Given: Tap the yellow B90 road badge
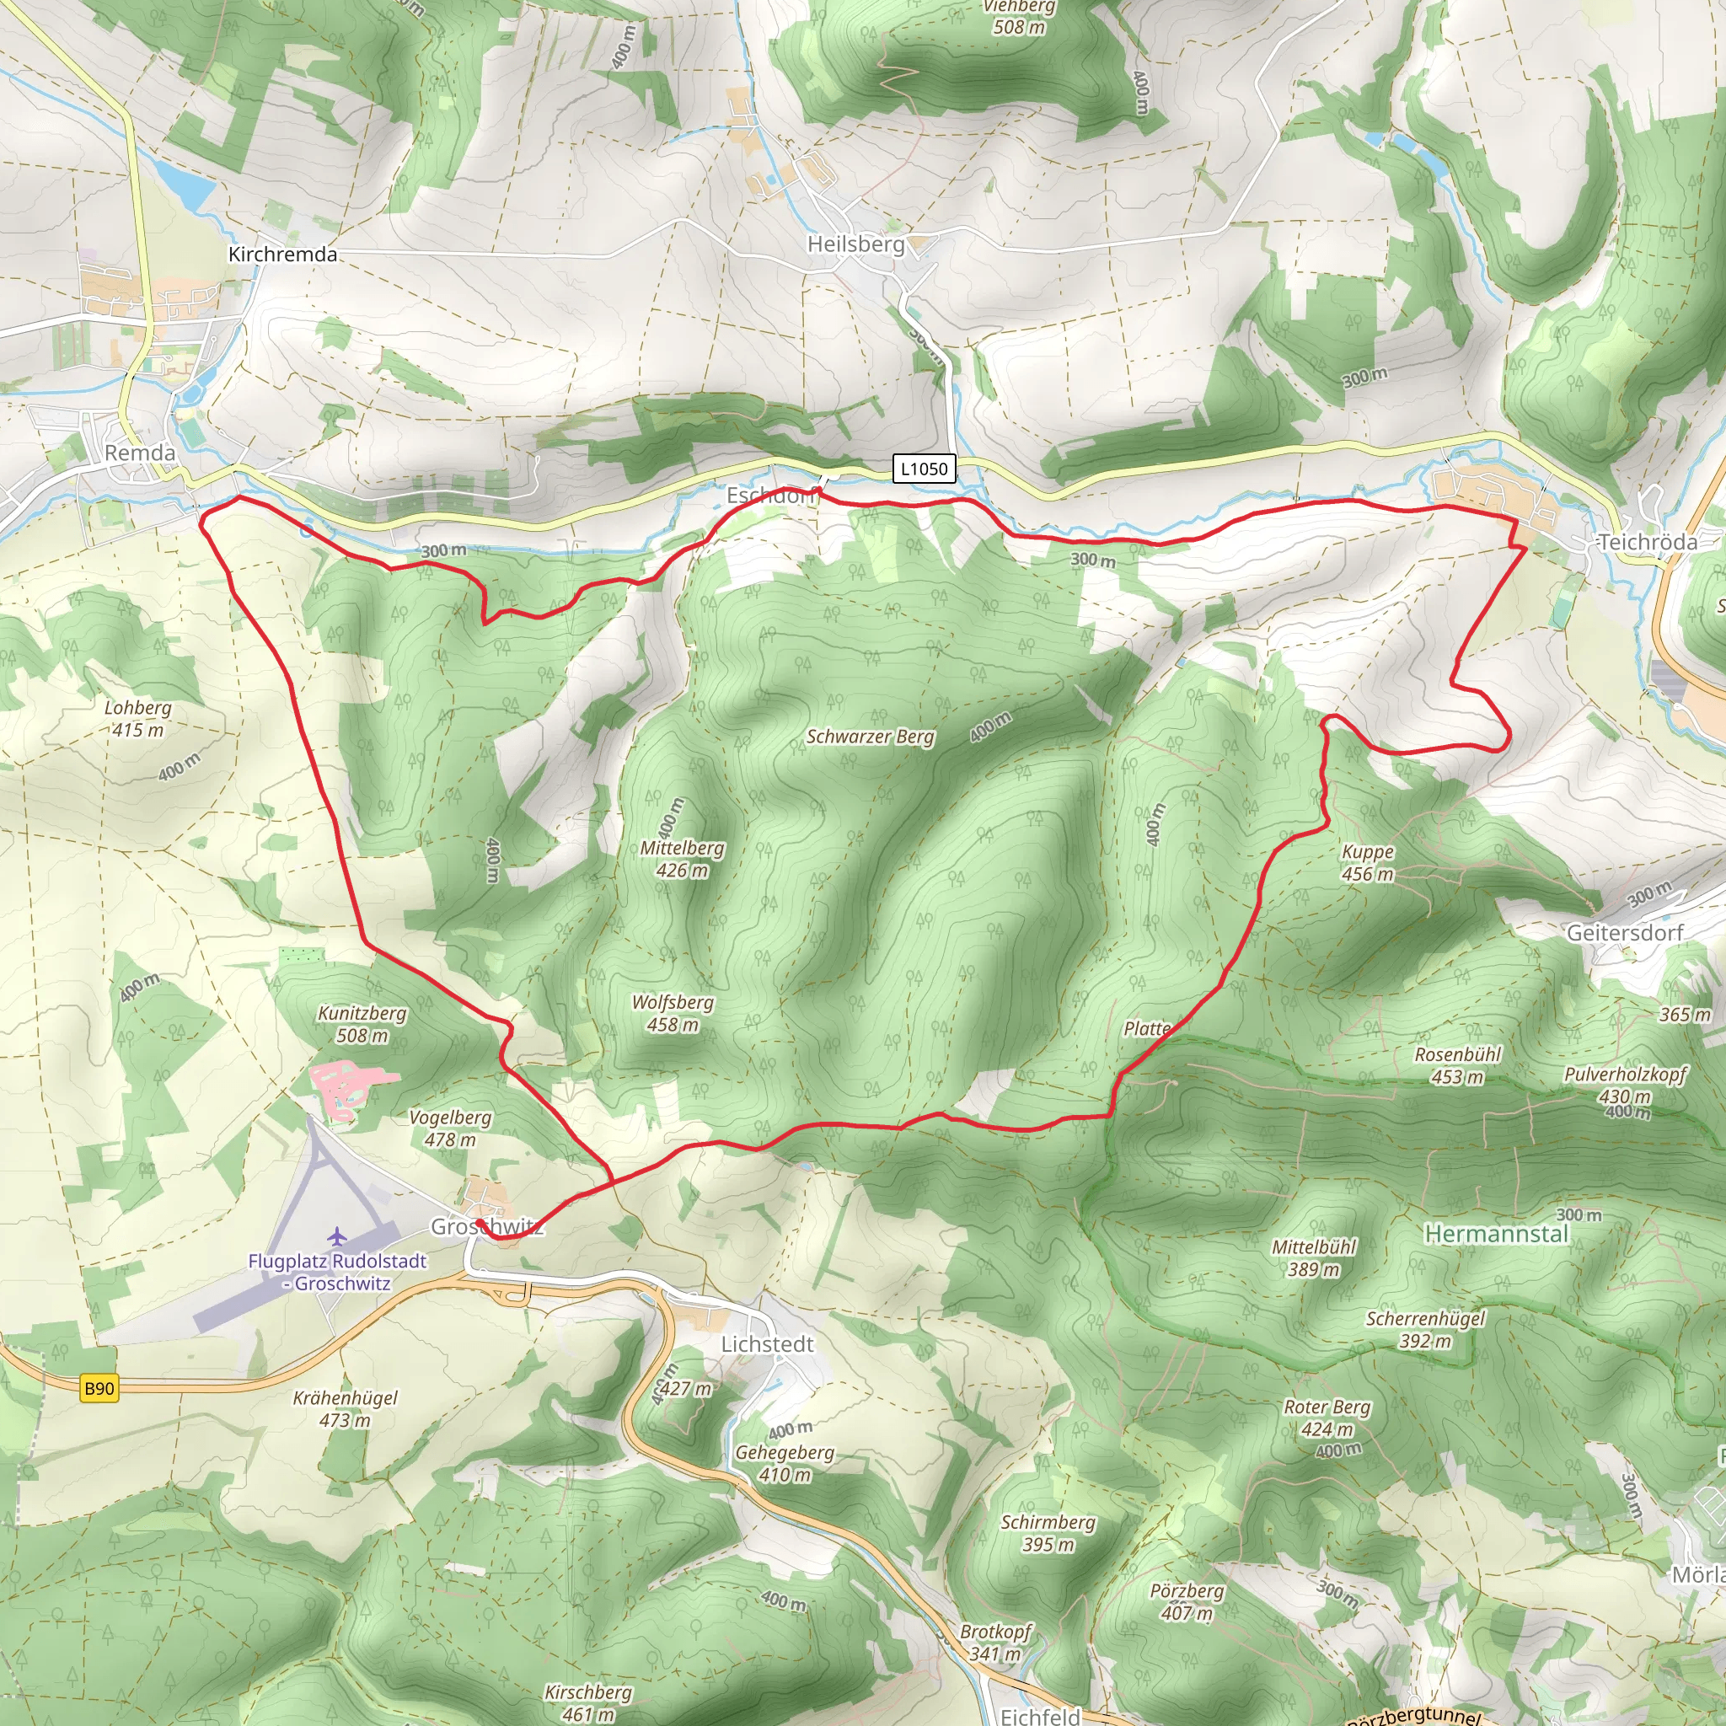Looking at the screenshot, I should [99, 1388].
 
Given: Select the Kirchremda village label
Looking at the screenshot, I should [282, 255].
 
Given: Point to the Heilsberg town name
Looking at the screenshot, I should [856, 244].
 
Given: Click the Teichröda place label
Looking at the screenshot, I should [1648, 542].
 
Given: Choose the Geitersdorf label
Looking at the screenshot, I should [1625, 933].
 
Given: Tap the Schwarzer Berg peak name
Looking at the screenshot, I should [870, 737].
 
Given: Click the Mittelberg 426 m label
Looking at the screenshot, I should [683, 859].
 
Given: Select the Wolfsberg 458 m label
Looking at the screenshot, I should [673, 1013].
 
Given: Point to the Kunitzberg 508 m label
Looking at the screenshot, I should [362, 1024].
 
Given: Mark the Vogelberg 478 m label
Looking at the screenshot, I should [450, 1128].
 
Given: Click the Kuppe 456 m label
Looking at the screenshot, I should [1368, 862].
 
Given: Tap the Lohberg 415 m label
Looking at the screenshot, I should [138, 718].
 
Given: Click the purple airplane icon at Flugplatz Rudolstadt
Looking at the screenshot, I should [336, 1236].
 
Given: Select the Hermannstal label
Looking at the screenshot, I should [1497, 1234].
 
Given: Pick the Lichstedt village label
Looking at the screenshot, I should [768, 1344].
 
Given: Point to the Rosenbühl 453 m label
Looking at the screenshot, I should [1458, 1066].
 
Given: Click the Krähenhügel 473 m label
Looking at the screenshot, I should [345, 1409].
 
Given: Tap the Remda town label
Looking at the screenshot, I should [140, 453].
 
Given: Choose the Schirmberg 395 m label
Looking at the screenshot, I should [1048, 1533].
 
